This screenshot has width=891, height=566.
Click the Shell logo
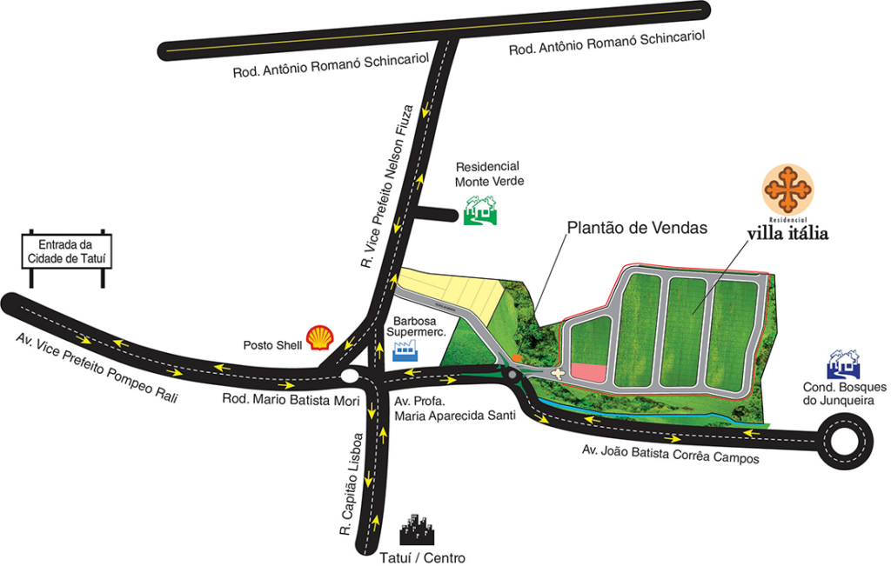[320, 337]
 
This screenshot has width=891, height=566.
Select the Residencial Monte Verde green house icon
[479, 210]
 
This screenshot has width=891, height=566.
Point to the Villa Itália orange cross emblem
[787, 188]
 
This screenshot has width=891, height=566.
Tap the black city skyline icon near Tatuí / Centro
[417, 532]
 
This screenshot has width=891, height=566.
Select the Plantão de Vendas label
[637, 228]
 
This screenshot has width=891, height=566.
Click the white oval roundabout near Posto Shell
[350, 376]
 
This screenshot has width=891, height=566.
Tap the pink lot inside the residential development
[588, 372]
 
